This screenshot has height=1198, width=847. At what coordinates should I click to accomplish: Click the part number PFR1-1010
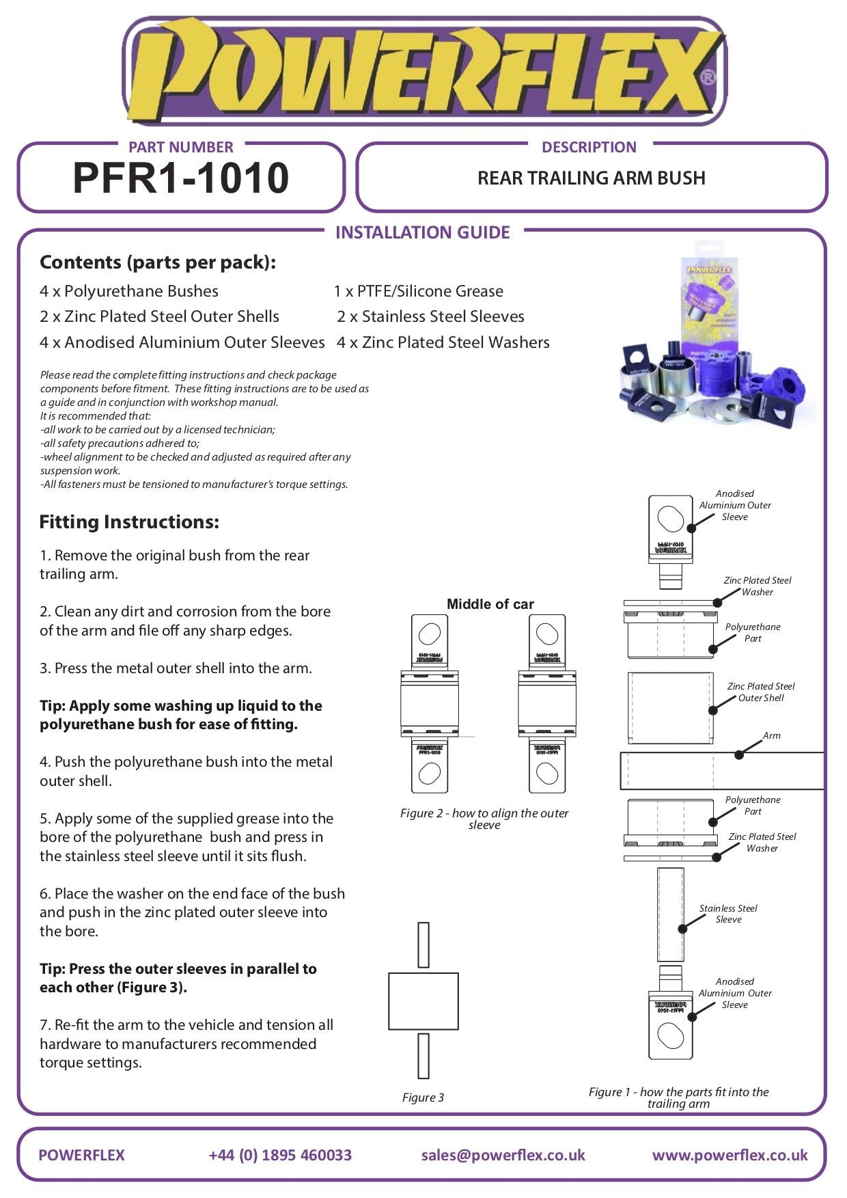click(180, 178)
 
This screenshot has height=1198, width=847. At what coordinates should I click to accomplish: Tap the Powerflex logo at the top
click(423, 72)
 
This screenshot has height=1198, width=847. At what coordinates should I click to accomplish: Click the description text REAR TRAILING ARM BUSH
click(591, 178)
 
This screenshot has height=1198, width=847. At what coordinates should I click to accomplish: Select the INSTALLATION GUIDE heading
click(422, 232)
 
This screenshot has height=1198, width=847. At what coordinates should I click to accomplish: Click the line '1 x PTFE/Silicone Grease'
click(419, 291)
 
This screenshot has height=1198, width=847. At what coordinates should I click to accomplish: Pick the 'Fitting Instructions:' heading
click(129, 522)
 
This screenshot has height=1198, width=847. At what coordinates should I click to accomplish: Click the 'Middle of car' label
click(490, 604)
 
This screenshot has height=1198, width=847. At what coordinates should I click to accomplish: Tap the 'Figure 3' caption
click(423, 1098)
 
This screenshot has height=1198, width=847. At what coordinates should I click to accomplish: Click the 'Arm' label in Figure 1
click(771, 736)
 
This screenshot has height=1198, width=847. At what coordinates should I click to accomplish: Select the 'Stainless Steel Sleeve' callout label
click(728, 914)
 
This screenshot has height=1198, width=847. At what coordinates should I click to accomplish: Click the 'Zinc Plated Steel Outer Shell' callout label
click(761, 692)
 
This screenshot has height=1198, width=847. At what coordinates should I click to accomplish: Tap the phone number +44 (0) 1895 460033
click(280, 1155)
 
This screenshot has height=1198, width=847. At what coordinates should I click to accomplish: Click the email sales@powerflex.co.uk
click(503, 1155)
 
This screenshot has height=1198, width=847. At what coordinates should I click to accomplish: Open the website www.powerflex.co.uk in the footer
click(730, 1155)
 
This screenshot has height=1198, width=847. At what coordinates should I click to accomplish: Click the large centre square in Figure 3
click(423, 1001)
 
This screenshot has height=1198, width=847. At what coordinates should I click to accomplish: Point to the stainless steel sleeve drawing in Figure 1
click(670, 914)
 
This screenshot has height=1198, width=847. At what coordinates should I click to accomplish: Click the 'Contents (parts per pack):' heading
click(158, 262)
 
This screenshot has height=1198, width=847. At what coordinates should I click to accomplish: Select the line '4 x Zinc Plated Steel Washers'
click(443, 342)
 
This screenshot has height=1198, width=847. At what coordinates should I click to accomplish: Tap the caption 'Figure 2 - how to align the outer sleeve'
click(484, 819)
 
